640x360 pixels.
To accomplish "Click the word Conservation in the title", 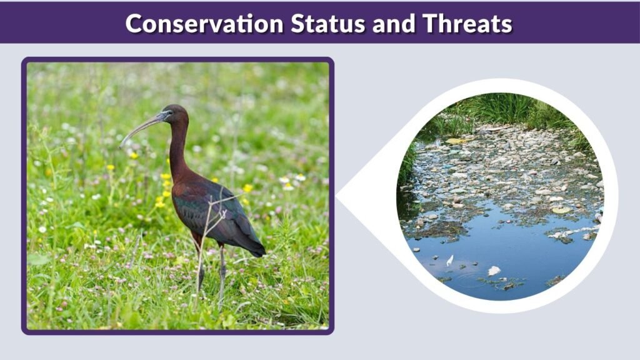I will (x=203, y=24).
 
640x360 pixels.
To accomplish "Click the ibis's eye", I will (x=166, y=114).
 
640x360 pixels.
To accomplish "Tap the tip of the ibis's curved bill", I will (x=121, y=146).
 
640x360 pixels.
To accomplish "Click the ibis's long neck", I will (x=179, y=150).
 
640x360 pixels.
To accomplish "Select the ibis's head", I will (x=172, y=114).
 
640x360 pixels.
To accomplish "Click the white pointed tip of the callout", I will (x=338, y=196).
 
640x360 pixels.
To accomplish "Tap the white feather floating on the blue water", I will (x=449, y=259).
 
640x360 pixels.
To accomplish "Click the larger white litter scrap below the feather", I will (x=494, y=271).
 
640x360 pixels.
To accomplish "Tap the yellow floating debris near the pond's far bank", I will (x=454, y=141).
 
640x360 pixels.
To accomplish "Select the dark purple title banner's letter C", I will (x=134, y=24).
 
